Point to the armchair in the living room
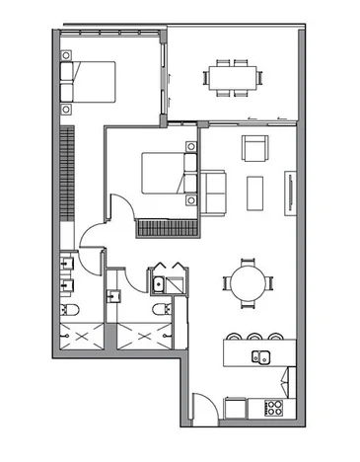click(x=256, y=148)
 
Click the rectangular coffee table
click(x=255, y=190)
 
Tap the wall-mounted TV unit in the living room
click(x=290, y=190)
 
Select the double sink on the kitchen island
click(x=261, y=356)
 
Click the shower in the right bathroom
click(x=143, y=336)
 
